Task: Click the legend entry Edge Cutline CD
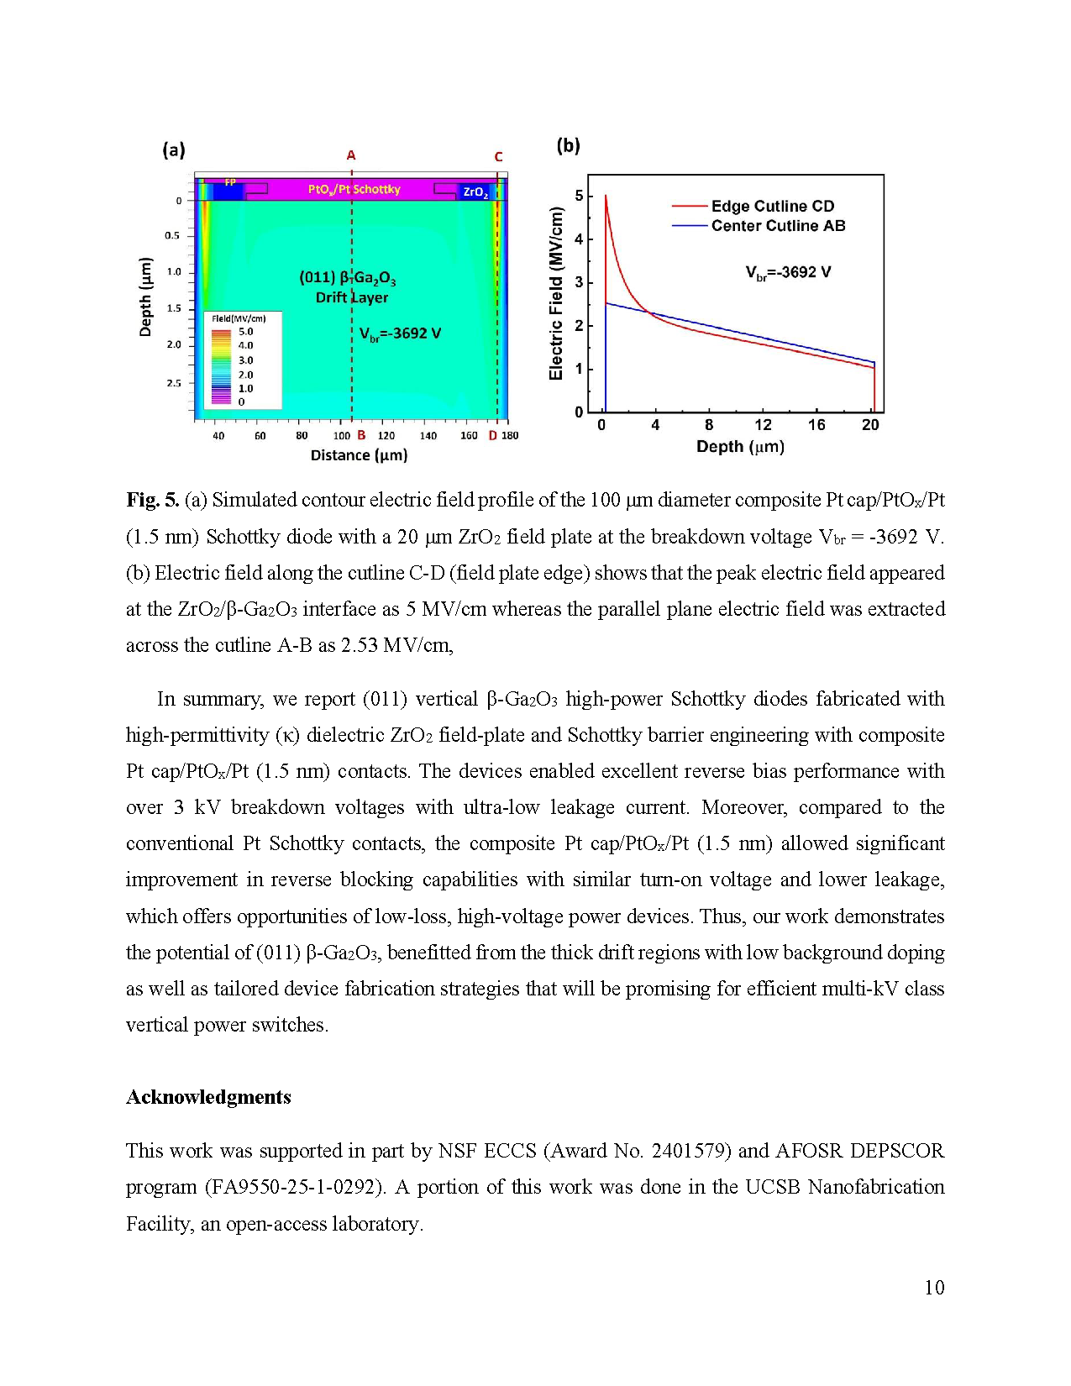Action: [x=772, y=206]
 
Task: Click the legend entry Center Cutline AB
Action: [x=778, y=225]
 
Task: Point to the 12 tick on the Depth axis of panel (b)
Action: [x=763, y=425]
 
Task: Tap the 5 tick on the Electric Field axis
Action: [x=579, y=196]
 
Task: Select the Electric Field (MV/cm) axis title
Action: [x=556, y=293]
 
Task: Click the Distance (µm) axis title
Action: [x=359, y=455]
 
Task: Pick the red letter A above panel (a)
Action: [x=351, y=155]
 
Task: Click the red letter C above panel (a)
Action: [x=498, y=157]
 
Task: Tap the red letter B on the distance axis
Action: [x=361, y=435]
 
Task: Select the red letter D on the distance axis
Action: [x=493, y=435]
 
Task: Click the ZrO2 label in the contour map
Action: [x=475, y=192]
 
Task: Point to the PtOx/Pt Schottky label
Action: [x=354, y=189]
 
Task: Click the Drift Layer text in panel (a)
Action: [x=352, y=297]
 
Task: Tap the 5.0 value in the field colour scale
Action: [x=245, y=332]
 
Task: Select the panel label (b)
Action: [x=569, y=145]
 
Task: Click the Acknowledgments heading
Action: [x=208, y=1097]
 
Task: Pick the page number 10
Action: [x=934, y=1288]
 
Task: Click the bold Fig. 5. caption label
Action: [x=152, y=500]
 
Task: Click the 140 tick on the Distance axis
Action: [x=428, y=436]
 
